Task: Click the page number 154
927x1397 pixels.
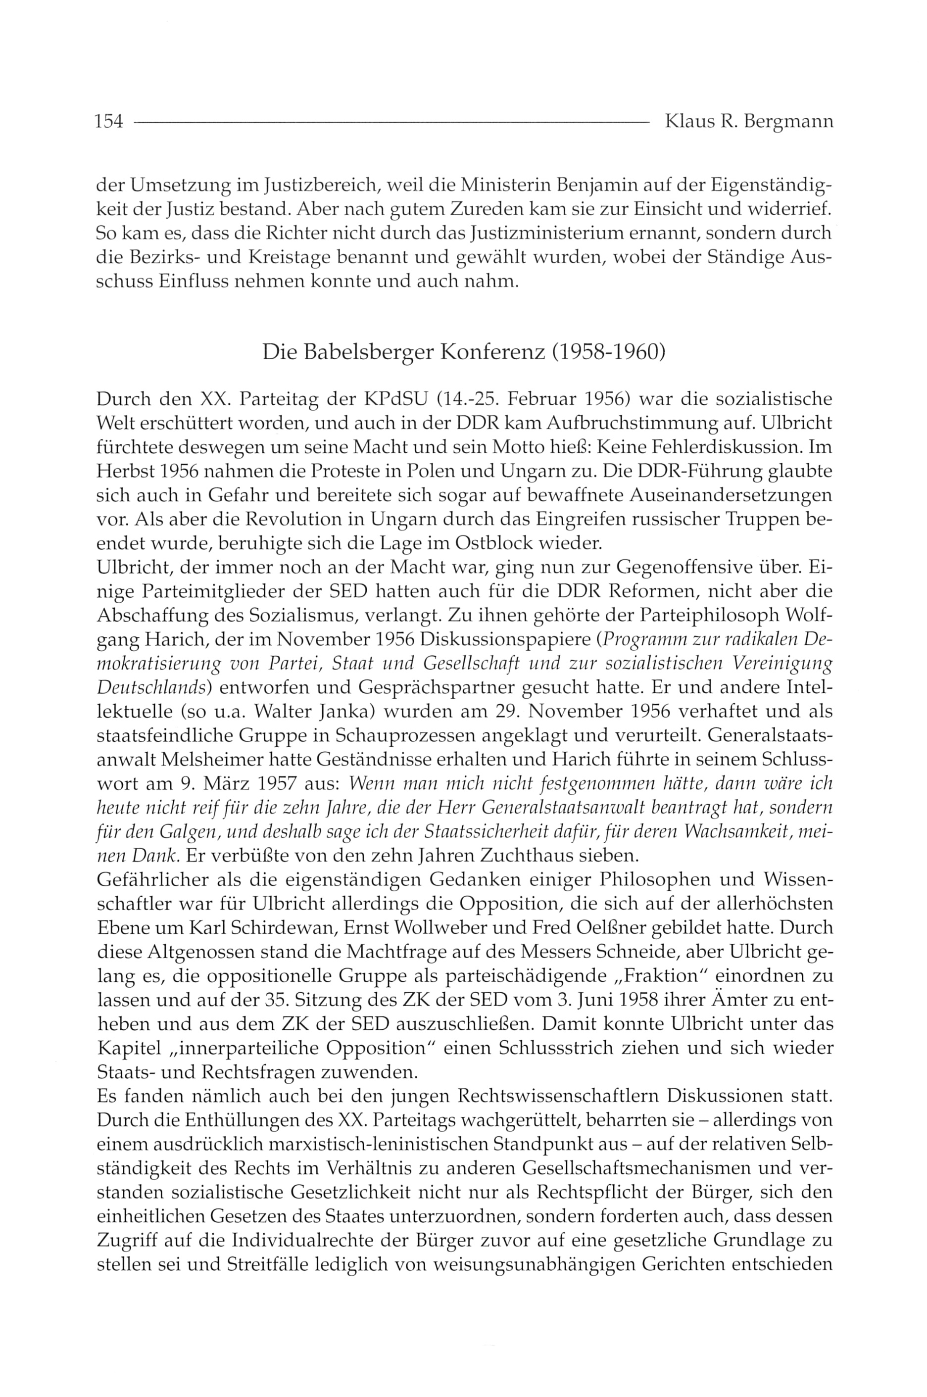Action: pos(108,122)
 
